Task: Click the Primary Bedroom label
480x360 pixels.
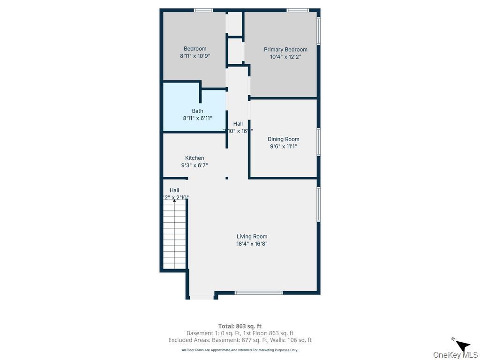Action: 285,49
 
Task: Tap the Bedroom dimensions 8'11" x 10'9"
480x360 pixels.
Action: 195,56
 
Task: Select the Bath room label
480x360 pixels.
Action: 197,111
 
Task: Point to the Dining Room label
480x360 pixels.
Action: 283,139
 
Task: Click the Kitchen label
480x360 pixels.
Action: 195,158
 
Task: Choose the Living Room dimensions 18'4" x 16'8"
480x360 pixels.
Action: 252,244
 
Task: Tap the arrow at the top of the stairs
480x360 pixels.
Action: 174,200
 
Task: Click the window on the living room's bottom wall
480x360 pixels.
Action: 259,293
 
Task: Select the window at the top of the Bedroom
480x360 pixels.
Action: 203,10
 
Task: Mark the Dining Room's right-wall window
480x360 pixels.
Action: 318,142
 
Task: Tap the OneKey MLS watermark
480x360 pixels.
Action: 455,354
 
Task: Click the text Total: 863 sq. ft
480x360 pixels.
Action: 240,326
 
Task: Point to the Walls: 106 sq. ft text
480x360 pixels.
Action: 293,340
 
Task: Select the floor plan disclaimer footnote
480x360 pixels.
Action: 240,350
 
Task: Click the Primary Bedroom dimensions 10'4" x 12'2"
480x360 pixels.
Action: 285,57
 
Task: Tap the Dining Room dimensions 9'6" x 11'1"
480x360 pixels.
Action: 283,146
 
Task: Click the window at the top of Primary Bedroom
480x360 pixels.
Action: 298,10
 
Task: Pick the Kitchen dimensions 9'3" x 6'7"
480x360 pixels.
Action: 195,165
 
